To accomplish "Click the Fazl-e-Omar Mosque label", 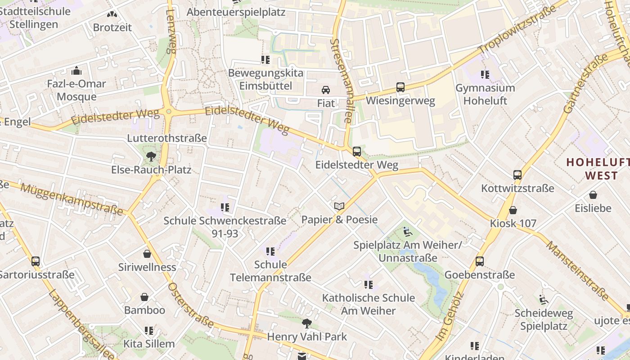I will [x=76, y=90].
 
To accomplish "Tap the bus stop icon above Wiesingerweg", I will [x=400, y=87].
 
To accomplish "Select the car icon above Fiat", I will [x=325, y=90].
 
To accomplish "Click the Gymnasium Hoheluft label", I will [x=485, y=94].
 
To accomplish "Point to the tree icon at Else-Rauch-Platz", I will [x=151, y=157].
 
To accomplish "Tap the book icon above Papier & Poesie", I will [x=339, y=207].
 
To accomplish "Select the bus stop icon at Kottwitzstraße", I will [x=517, y=175].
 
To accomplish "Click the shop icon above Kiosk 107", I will [x=513, y=210].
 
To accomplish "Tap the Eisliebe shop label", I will [x=593, y=208].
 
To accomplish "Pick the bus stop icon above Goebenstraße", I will [x=480, y=261].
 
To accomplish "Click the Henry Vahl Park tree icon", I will [x=307, y=323].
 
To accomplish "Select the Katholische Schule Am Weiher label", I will [x=368, y=304].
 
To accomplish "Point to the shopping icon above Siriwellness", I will [x=147, y=254].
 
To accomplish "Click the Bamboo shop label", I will [x=144, y=310].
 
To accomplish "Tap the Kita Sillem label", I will [x=149, y=344].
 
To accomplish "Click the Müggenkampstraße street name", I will [x=72, y=199].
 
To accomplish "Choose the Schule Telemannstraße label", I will [x=270, y=271].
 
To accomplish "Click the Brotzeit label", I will [x=112, y=27].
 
